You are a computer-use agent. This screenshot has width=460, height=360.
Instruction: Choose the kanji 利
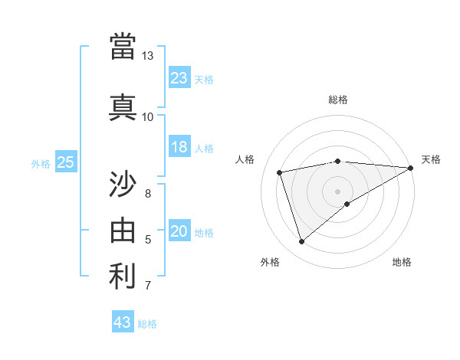[123, 277]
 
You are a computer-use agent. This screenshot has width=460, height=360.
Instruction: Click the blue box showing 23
[179, 78]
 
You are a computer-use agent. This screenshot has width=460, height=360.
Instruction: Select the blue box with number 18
[179, 147]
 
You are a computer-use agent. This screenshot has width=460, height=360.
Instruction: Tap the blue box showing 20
[179, 232]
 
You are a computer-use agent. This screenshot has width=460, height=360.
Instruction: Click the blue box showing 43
[122, 322]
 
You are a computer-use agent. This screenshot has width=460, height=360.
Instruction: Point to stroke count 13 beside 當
[147, 56]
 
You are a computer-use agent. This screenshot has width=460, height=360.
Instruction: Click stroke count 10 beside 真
[147, 116]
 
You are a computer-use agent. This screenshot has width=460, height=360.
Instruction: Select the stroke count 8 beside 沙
[148, 193]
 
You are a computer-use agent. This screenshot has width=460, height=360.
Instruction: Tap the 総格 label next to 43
[147, 324]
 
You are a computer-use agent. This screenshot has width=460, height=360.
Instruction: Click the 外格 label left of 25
[41, 164]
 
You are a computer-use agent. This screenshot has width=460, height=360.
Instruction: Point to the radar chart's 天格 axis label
[431, 159]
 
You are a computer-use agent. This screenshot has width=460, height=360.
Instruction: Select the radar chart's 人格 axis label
[245, 159]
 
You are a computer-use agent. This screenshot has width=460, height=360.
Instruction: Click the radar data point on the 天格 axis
[411, 168]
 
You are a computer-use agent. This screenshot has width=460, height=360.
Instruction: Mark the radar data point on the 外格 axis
[301, 241]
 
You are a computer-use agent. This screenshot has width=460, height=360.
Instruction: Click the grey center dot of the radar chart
[337, 191]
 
